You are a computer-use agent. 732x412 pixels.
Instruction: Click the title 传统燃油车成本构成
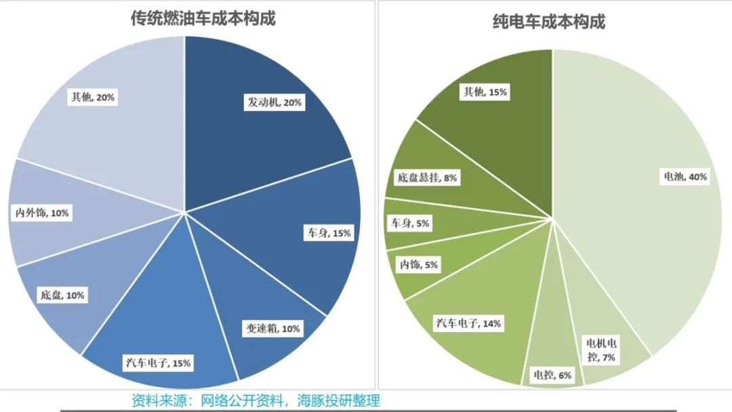pyautogui.click(x=203, y=18)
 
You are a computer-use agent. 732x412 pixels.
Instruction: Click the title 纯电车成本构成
pyautogui.click(x=548, y=22)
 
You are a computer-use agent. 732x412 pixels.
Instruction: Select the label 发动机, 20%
pyautogui.click(x=274, y=103)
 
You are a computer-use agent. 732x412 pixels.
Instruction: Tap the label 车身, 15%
pyautogui.click(x=327, y=233)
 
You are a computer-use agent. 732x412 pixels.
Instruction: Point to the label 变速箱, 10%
pyautogui.click(x=271, y=329)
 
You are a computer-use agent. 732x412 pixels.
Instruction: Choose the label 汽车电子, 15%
pyautogui.click(x=158, y=363)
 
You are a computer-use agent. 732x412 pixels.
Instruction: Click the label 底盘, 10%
pyautogui.click(x=62, y=295)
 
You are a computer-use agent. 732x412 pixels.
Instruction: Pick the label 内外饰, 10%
pyautogui.click(x=41, y=213)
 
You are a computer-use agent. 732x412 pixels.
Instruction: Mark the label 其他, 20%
pyautogui.click(x=92, y=97)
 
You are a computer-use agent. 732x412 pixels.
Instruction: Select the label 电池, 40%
pyautogui.click(x=685, y=177)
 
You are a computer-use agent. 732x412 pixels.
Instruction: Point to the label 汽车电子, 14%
pyautogui.click(x=468, y=324)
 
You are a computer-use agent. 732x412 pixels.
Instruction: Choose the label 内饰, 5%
pyautogui.click(x=418, y=265)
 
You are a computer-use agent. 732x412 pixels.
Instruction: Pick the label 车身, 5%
pyautogui.click(x=409, y=223)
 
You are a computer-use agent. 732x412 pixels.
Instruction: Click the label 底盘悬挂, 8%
pyautogui.click(x=426, y=178)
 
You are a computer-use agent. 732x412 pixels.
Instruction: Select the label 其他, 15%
pyautogui.click(x=485, y=91)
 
